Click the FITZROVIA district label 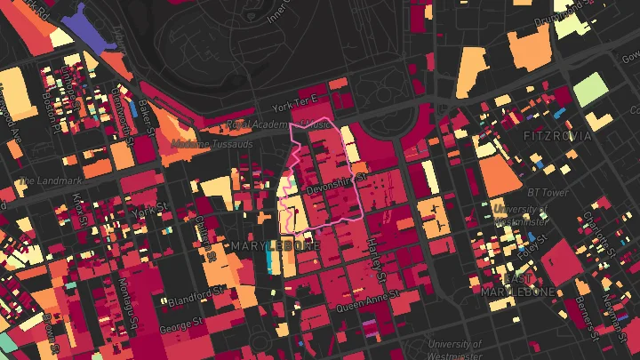point(557,136)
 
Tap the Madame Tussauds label point(204,142)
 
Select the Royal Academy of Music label point(282,124)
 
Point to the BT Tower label point(548,192)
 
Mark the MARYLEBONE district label point(276,244)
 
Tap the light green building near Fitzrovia point(589,89)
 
